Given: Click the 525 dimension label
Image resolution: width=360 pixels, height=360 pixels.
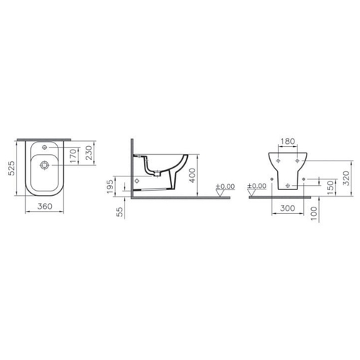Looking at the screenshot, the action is click(12, 168).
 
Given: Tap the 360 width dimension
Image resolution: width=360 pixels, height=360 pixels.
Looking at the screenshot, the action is click(45, 206).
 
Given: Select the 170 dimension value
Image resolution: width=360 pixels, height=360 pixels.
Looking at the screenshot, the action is click(73, 156).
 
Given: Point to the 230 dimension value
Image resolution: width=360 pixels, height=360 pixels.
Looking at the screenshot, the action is click(89, 153).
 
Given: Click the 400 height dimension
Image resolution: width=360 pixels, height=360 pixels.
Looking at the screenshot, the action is click(192, 176).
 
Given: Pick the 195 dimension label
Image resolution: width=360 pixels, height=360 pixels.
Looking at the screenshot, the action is click(110, 186).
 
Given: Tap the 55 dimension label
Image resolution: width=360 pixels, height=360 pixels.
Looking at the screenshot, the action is click(120, 212).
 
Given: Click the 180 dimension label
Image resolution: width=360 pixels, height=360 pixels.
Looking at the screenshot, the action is click(287, 142).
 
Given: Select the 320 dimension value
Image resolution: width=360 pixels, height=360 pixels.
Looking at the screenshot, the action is click(346, 178).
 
